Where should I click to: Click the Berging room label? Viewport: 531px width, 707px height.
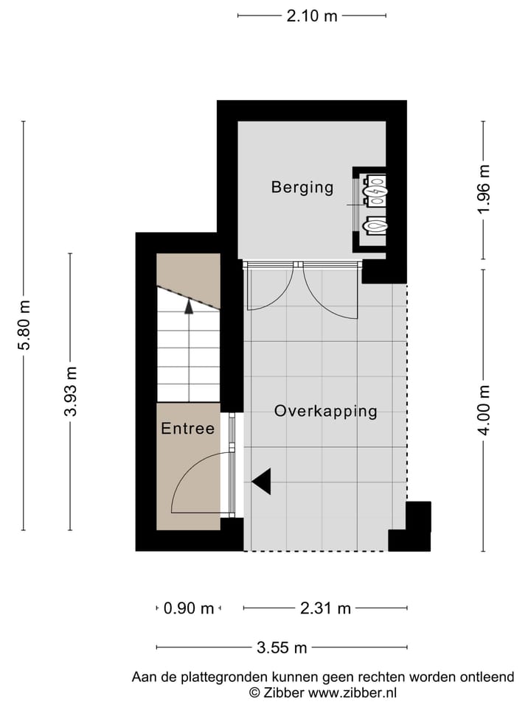tap(302, 187)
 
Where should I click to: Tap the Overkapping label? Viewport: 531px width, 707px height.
tap(325, 411)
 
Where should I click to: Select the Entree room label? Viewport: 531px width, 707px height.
tap(188, 429)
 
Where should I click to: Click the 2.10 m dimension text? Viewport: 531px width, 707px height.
tap(312, 16)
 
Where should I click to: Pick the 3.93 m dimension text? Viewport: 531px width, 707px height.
tap(71, 391)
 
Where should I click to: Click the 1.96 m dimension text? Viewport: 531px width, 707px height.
tap(484, 190)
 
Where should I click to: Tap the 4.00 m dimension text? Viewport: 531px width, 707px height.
tap(484, 410)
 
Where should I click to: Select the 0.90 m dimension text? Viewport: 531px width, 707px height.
tap(188, 608)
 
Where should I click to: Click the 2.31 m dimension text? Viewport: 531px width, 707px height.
tap(325, 608)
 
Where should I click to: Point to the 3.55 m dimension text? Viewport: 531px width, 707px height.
tap(282, 648)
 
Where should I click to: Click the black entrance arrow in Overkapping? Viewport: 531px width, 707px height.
tap(261, 482)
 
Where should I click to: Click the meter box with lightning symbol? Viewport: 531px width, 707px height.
tap(375, 191)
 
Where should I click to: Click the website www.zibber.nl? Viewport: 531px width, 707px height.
tap(353, 692)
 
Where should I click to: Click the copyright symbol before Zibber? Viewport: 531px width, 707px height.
tap(254, 692)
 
